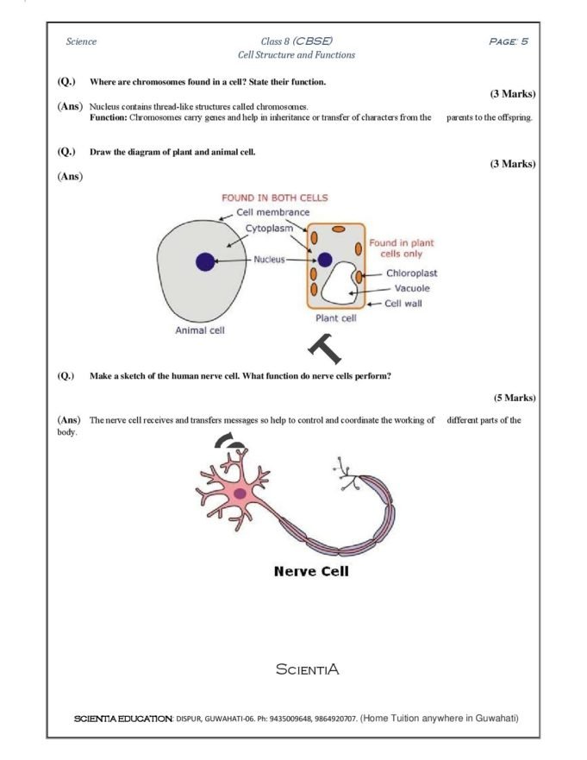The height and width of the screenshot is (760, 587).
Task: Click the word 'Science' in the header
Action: point(81,41)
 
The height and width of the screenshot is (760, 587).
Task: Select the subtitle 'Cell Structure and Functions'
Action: point(296,54)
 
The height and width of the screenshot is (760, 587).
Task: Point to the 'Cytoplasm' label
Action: point(269,229)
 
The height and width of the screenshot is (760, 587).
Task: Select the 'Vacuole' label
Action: point(412,288)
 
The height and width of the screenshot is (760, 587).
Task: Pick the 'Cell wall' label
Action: point(403,303)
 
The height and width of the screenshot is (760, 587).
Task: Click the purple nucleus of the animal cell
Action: point(205,261)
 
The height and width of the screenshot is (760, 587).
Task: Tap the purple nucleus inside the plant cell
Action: point(324,259)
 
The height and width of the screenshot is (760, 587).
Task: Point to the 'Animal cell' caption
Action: point(200,330)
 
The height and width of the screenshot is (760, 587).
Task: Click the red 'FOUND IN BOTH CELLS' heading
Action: point(275,198)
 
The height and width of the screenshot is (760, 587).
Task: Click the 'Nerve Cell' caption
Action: point(311,570)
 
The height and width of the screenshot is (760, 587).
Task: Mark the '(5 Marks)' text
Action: point(514,398)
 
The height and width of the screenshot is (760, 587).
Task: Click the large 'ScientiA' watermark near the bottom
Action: point(307,669)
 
